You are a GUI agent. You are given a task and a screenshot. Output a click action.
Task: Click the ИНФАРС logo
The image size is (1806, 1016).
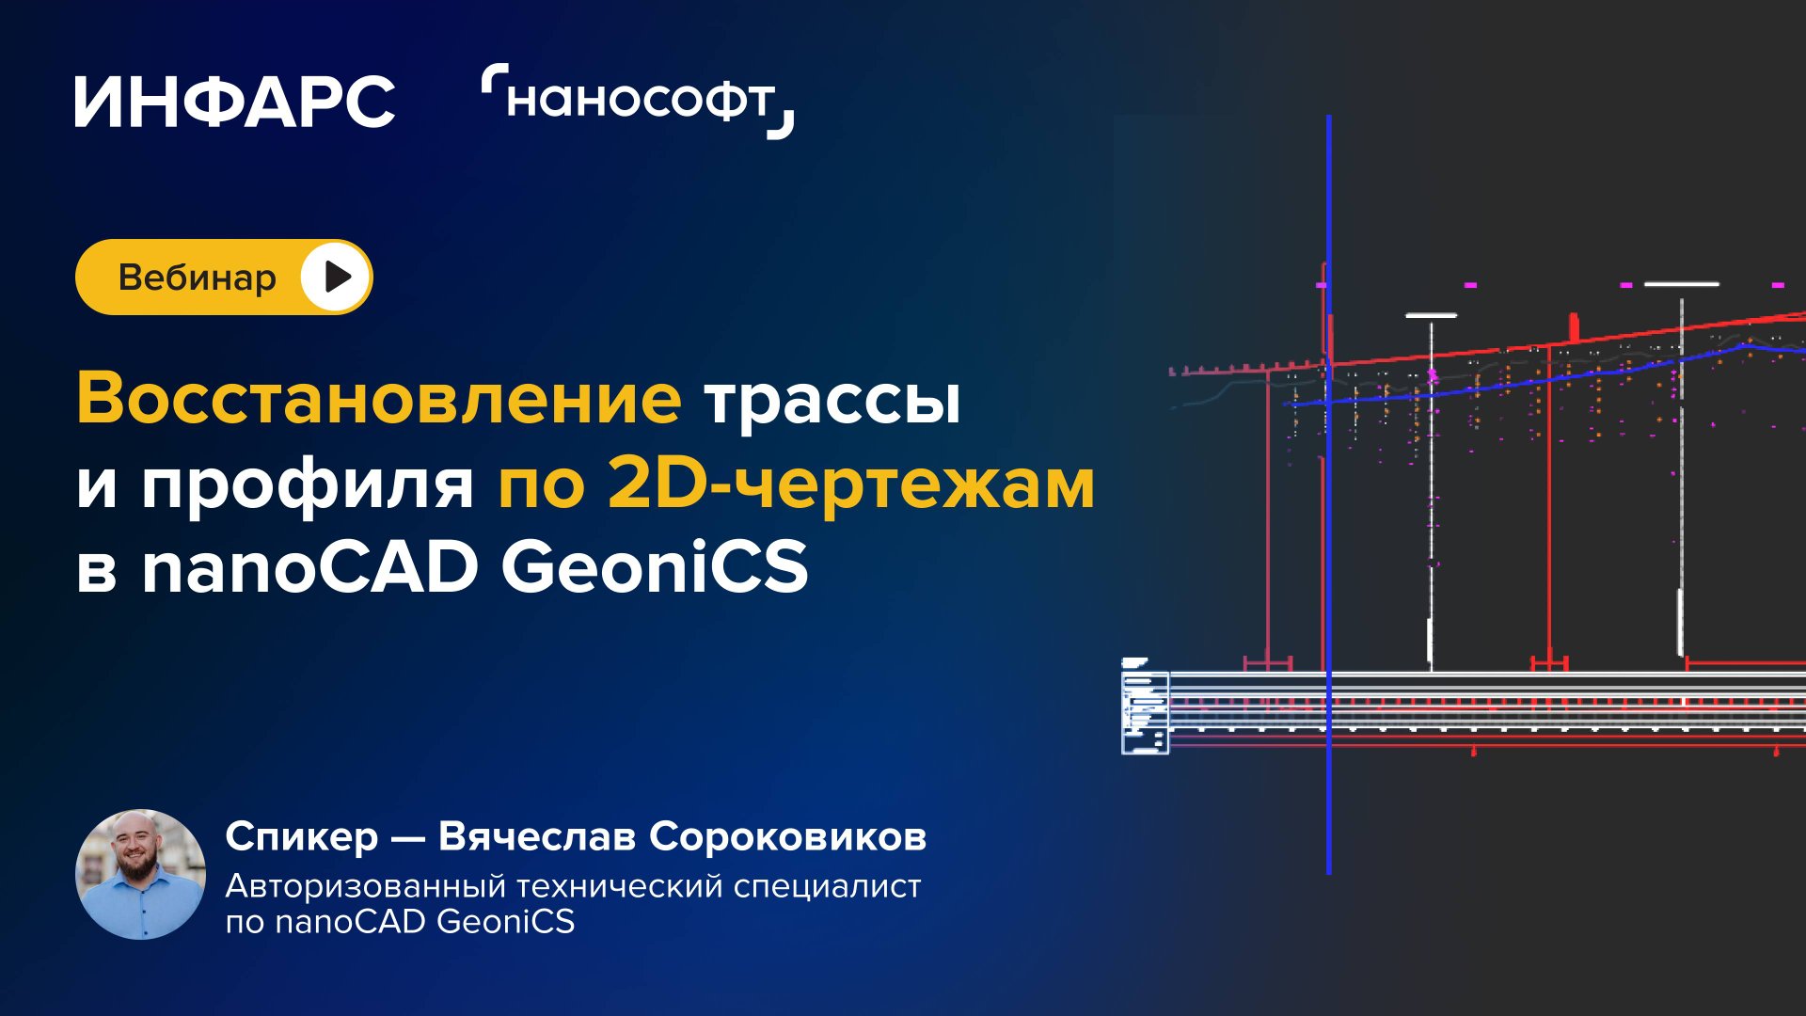pyautogui.click(x=234, y=102)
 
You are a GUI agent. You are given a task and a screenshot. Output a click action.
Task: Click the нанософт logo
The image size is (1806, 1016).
pyautogui.click(x=638, y=101)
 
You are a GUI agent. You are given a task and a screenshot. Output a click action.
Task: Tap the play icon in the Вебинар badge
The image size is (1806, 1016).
pyautogui.click(x=336, y=278)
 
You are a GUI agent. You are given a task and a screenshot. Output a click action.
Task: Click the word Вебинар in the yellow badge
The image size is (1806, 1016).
pyautogui.click(x=197, y=278)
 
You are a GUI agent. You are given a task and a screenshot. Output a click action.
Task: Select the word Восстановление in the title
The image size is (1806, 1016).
pyautogui.click(x=378, y=399)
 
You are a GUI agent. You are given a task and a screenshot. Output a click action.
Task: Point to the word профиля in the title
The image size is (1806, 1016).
pyautogui.click(x=308, y=484)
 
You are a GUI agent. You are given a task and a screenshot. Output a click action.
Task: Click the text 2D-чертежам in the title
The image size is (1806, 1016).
pyautogui.click(x=851, y=484)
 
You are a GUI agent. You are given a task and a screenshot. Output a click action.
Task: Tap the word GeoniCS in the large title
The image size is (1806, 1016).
pyautogui.click(x=655, y=567)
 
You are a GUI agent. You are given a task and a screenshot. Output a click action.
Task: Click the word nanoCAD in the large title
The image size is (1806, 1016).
pyautogui.click(x=310, y=568)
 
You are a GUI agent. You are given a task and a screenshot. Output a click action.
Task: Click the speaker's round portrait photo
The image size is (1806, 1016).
pyautogui.click(x=141, y=874)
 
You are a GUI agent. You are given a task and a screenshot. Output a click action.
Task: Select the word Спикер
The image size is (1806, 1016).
pyautogui.click(x=302, y=836)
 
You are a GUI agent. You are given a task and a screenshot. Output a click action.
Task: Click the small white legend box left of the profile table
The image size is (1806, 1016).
pyautogui.click(x=1145, y=710)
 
